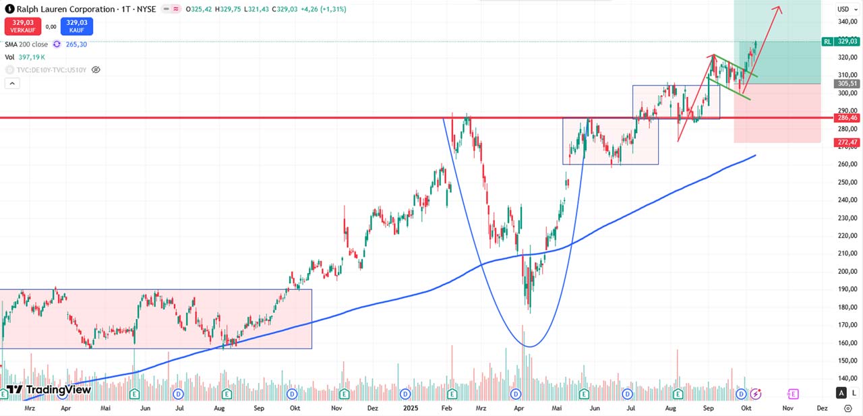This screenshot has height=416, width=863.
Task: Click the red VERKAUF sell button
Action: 22,26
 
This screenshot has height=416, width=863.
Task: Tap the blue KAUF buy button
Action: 76,26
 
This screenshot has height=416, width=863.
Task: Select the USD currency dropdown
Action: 845,9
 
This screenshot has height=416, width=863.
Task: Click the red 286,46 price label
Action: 847,117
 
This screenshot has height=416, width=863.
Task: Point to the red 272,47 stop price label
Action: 847,142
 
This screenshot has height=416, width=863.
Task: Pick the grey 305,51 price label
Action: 847,84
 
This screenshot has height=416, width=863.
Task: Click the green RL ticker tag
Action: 827,41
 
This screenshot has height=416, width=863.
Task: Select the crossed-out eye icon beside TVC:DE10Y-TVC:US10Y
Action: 96,69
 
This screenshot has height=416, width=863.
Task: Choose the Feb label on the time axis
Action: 446,408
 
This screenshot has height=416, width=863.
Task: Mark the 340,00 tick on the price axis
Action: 847,22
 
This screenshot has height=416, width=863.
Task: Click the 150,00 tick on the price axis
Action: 847,361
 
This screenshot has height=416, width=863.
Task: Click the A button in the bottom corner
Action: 841,393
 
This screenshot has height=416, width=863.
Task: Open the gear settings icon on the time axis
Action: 847,408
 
